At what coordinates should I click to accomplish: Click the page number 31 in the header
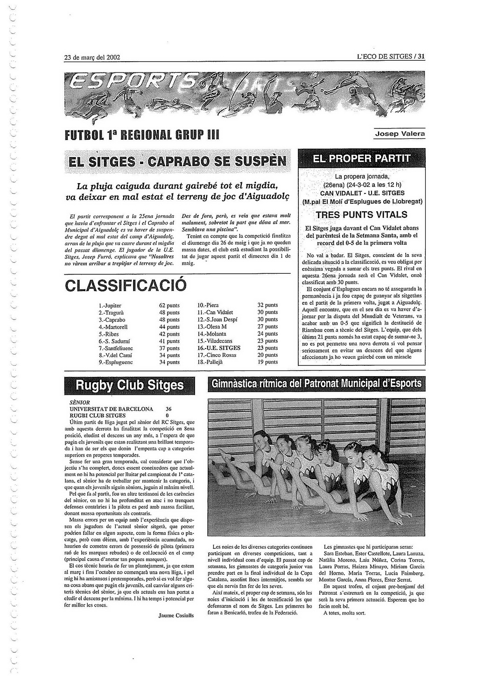[421, 57]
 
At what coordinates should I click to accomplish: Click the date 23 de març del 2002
[92, 57]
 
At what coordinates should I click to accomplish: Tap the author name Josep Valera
[400, 134]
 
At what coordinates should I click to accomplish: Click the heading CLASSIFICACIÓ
[126, 285]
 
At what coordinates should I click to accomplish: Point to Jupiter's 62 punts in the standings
[169, 305]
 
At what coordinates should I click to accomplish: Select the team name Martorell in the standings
[113, 327]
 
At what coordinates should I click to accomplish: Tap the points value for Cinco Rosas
[267, 355]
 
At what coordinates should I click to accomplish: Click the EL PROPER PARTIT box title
[361, 158]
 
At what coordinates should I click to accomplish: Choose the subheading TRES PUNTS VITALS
[361, 215]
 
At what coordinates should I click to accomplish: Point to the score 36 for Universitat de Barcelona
[169, 408]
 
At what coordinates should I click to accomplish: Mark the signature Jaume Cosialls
[176, 615]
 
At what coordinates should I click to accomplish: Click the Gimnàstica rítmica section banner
[316, 384]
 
